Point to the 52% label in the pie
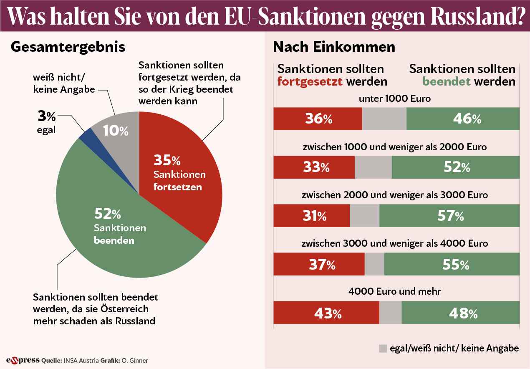pyautogui.click(x=107, y=215)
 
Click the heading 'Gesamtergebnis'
pyautogui.click(x=68, y=47)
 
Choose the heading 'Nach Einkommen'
pyautogui.click(x=334, y=47)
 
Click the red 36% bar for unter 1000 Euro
pyautogui.click(x=318, y=119)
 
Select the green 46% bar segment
pyautogui.click(x=463, y=119)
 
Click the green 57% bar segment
pyautogui.click(x=449, y=216)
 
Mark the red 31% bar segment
pyautogui.click(x=311, y=216)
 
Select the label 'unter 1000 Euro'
pyautogui.click(x=394, y=99)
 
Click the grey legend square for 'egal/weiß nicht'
pyautogui.click(x=383, y=349)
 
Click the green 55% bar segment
pyautogui.click(x=452, y=264)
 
